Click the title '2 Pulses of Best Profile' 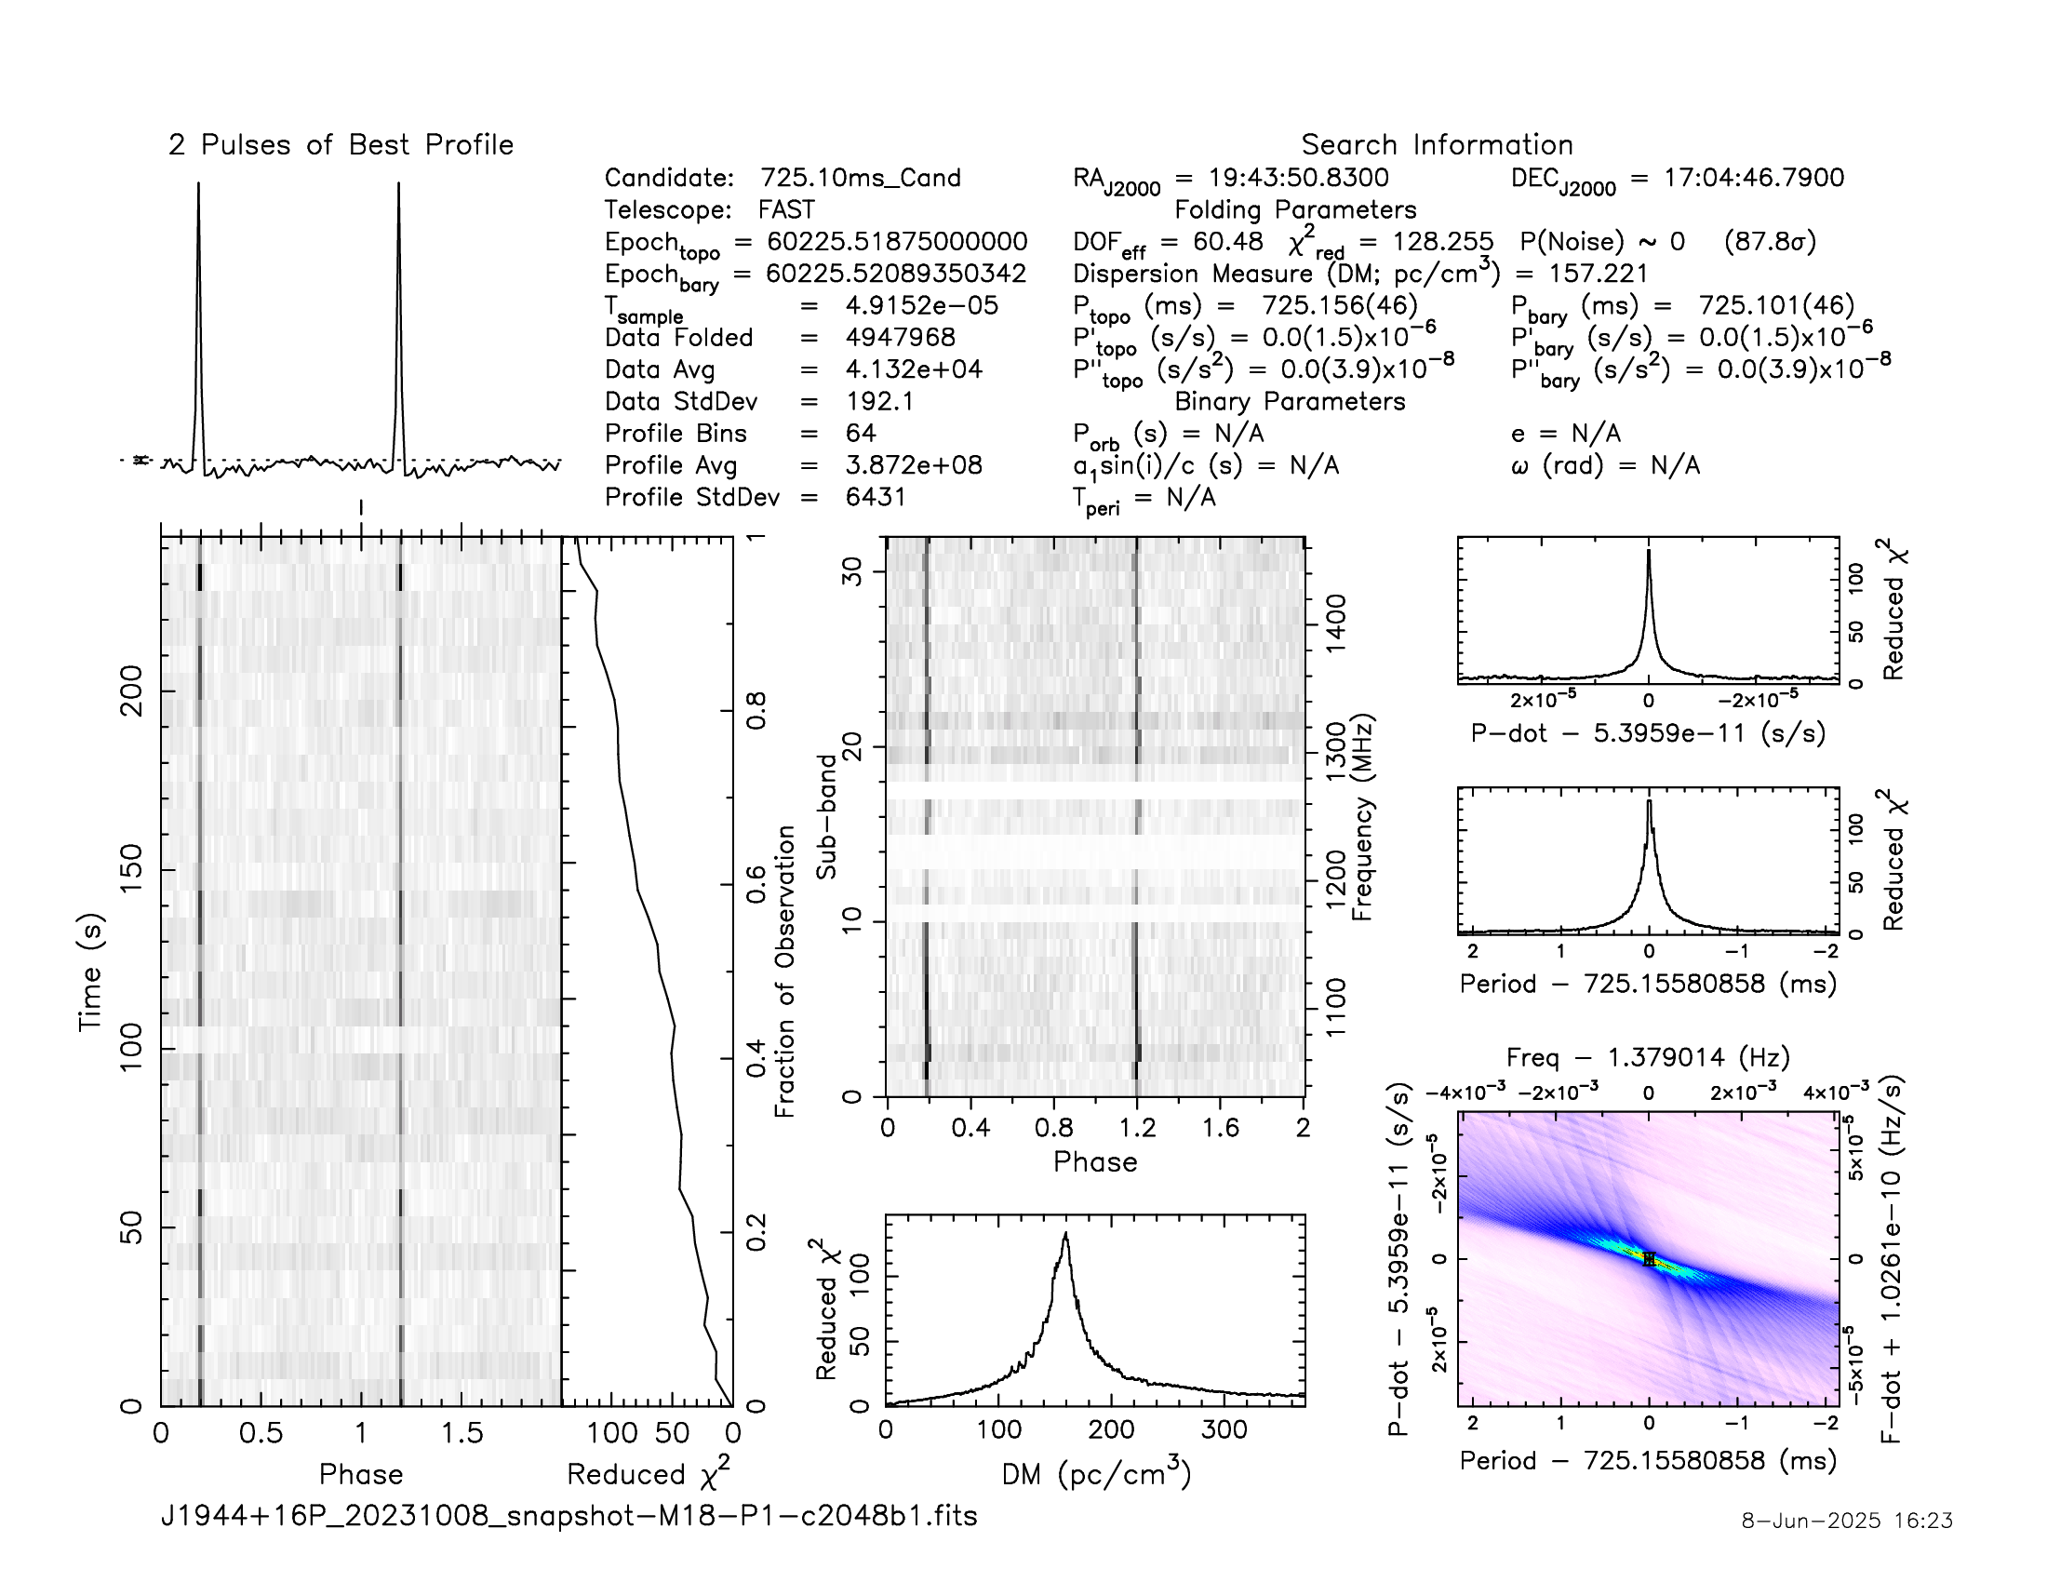341,145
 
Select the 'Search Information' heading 1437,145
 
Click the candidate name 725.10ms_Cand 861,178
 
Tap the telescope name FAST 786,210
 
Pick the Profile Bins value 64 861,433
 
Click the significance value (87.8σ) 1770,242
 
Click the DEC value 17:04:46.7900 1754,178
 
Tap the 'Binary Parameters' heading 1290,401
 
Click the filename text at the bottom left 569,1515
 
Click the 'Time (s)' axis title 91,972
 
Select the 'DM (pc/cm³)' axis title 1096,1474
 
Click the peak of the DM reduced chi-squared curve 1065,1234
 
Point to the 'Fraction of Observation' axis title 784,972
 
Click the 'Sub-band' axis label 825,817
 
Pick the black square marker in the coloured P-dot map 1650,1260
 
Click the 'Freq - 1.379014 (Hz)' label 1649,1058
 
